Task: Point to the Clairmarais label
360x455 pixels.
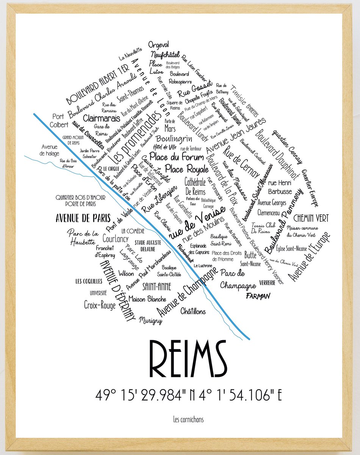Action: [x=96, y=118]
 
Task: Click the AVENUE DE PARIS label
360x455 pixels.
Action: [x=83, y=218]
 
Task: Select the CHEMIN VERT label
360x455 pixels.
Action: [x=311, y=218]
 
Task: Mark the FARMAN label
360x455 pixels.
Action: [x=259, y=295]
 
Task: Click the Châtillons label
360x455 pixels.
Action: [x=193, y=311]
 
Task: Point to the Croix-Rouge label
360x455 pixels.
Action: [x=100, y=305]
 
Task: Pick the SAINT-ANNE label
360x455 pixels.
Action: [x=157, y=286]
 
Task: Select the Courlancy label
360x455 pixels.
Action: [x=116, y=239]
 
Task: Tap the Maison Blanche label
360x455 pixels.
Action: [x=142, y=298]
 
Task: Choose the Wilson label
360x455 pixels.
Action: [x=126, y=273]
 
